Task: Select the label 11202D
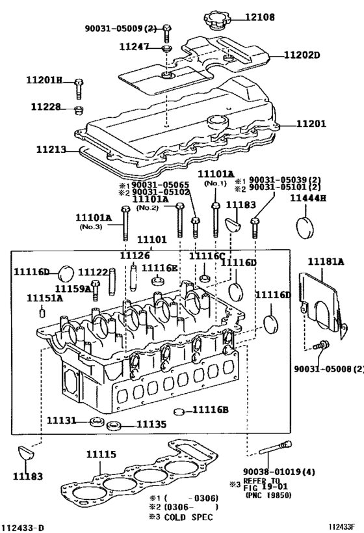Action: (302, 55)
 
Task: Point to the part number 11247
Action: (134, 46)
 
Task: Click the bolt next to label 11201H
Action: (79, 89)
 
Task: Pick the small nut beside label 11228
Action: (79, 110)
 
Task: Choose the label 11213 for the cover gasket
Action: (51, 149)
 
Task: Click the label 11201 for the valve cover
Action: (311, 124)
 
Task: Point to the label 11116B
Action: (211, 409)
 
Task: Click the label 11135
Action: (151, 424)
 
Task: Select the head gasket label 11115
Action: (101, 454)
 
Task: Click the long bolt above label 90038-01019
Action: (276, 448)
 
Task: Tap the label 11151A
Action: (45, 298)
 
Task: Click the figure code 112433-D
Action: (23, 528)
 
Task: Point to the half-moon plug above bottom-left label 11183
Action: (26, 452)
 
